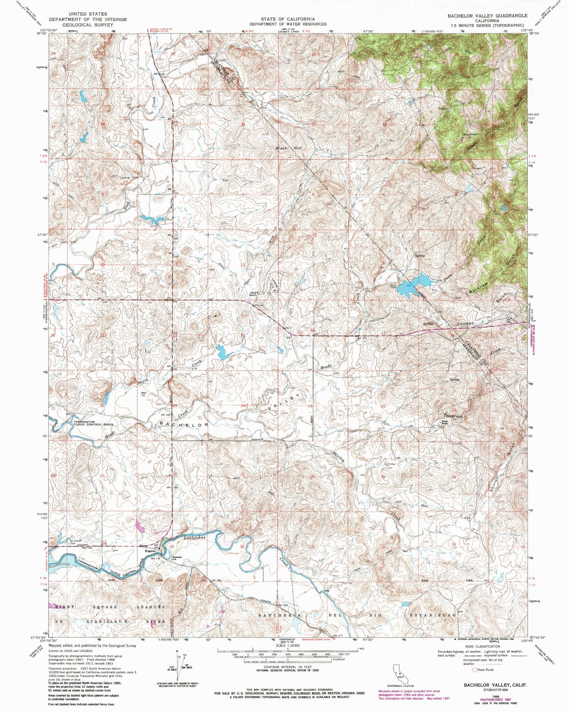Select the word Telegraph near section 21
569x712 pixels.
click(x=453, y=416)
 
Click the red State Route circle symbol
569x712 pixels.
click(x=474, y=670)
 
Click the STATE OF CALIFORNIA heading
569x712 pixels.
click(x=287, y=19)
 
